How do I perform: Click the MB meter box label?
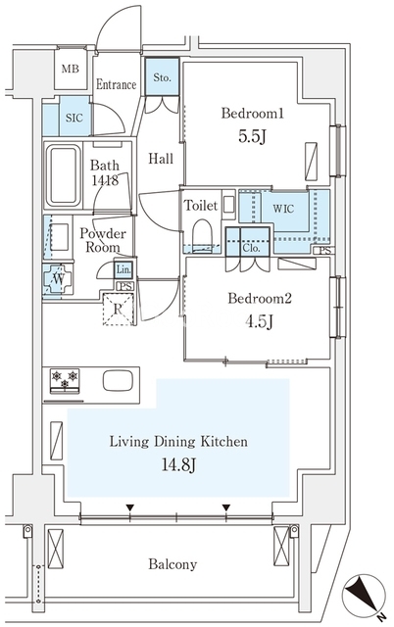[71, 69]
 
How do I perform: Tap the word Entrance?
[117, 85]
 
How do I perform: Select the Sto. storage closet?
[162, 77]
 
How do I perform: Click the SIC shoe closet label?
[74, 118]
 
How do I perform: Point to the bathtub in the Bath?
[64, 175]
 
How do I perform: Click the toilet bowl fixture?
[202, 235]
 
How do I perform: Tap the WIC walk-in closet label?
[283, 209]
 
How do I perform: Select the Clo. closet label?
[251, 248]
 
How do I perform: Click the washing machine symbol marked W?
[59, 279]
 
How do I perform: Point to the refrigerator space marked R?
[118, 310]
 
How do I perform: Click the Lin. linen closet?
[123, 270]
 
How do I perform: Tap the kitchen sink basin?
[118, 381]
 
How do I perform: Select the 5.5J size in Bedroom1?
[253, 137]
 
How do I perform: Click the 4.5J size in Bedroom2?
[259, 321]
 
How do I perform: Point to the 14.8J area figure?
[178, 464]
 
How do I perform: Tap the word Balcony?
[172, 564]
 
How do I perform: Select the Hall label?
[161, 159]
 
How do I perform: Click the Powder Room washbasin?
[59, 237]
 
